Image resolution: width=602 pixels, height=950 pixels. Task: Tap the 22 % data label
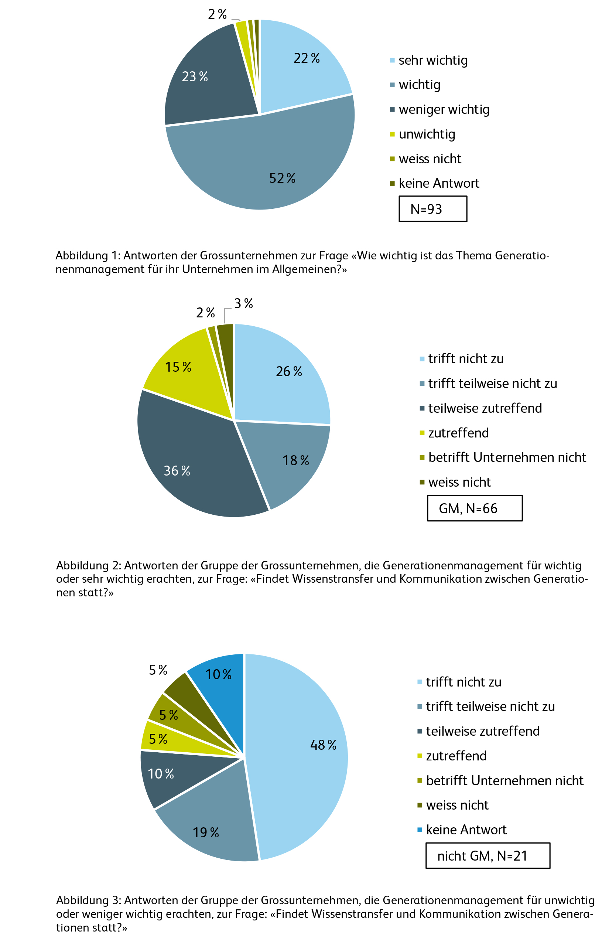306,58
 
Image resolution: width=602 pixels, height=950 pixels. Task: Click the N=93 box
432,209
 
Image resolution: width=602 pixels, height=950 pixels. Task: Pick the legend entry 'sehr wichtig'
432,60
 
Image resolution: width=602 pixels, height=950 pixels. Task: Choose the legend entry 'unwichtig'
427,134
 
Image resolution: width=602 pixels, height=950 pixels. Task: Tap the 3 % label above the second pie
243,303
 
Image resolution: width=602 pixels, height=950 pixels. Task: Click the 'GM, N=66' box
474,508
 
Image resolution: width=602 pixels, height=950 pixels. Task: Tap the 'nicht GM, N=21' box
487,855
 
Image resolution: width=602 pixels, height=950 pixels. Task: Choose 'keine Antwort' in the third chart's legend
466,830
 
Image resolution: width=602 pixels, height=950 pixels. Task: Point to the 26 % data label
288,372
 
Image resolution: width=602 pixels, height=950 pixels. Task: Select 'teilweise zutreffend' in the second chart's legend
485,408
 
